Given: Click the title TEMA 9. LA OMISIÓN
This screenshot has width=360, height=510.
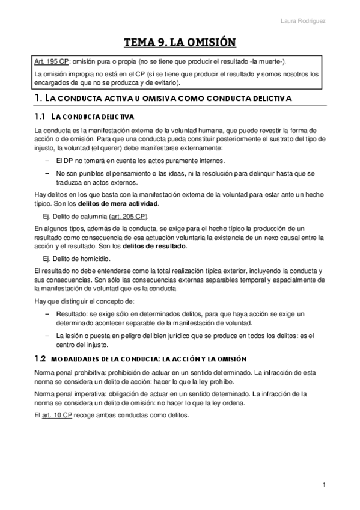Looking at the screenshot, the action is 180,42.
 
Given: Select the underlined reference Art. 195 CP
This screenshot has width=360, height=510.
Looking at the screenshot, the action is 51,61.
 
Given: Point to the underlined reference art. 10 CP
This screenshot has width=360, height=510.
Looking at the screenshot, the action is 57,416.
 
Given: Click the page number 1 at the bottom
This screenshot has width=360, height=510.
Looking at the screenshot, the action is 323,485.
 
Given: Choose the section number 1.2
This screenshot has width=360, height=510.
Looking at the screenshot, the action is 40,358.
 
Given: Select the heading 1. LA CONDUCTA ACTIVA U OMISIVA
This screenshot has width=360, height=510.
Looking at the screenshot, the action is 162,97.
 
